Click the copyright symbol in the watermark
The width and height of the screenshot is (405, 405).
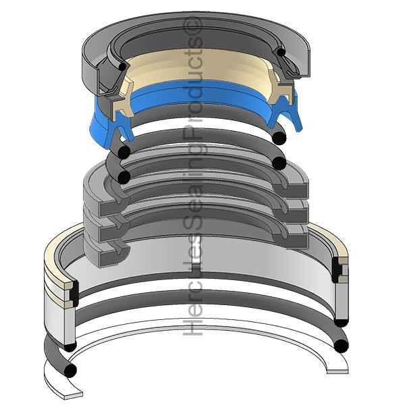tap(192, 27)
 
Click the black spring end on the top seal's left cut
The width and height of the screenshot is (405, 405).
tap(122, 66)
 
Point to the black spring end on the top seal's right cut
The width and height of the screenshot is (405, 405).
tap(281, 52)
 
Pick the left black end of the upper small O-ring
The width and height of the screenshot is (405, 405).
tap(124, 153)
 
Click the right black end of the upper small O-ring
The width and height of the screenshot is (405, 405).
tap(279, 138)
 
